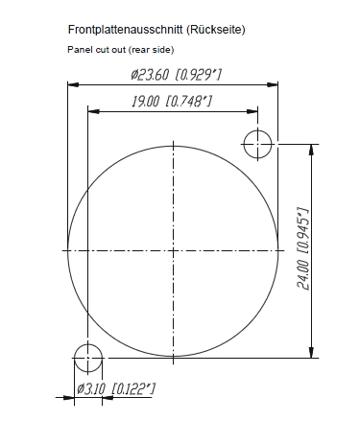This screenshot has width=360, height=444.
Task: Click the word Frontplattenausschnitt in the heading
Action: [x=125, y=30]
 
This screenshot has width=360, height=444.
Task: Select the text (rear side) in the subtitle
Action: [x=152, y=50]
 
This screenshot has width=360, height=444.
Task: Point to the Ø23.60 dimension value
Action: [x=150, y=75]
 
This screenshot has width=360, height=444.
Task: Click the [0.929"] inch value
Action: [x=199, y=75]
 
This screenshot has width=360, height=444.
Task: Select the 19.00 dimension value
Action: [x=146, y=102]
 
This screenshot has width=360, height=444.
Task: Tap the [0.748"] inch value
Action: [x=189, y=102]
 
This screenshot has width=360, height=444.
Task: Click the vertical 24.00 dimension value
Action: [x=303, y=275]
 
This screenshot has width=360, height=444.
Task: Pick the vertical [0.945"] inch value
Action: [x=303, y=231]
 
